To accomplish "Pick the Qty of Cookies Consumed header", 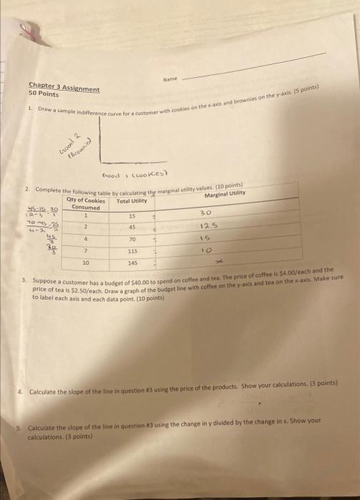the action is coord(85,203).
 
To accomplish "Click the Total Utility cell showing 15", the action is coord(132,216).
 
